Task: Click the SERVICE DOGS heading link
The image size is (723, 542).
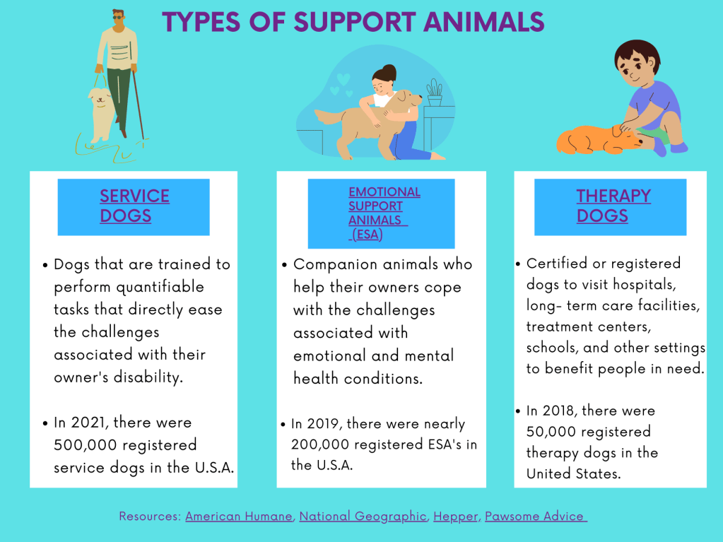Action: tap(134, 206)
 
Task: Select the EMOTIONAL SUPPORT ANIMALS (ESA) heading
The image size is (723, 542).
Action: tap(384, 213)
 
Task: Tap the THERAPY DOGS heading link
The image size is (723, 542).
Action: tap(613, 206)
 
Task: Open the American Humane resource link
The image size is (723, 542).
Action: tap(239, 516)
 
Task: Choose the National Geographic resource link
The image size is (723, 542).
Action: tap(363, 516)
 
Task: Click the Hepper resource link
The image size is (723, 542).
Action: tap(456, 517)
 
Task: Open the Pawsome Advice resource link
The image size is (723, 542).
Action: tap(535, 516)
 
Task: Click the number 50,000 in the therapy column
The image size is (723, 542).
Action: tap(551, 432)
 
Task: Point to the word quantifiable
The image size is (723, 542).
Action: tap(160, 287)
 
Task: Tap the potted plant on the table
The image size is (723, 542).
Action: tap(435, 92)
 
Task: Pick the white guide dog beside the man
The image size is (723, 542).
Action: tap(101, 115)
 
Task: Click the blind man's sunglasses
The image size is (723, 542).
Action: tap(119, 18)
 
